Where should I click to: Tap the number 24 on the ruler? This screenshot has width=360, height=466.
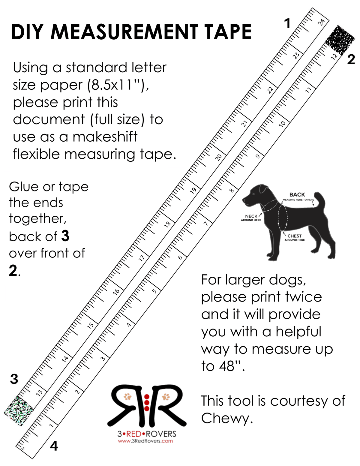coord(321,22)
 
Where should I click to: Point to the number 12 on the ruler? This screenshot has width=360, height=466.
coord(334,57)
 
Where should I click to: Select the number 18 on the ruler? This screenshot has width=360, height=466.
coord(167,224)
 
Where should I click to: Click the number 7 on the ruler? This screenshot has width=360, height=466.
coord(206,224)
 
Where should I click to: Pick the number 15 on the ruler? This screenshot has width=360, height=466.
coord(91,325)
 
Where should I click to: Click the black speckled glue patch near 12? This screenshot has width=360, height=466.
coord(340,40)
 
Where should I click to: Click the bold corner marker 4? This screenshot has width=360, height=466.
coord(54,447)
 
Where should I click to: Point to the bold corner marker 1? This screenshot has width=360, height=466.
coord(287,23)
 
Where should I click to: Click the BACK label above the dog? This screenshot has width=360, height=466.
coord(297,194)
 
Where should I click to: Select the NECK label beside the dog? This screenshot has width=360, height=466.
coord(251,216)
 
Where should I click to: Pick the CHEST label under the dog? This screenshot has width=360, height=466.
coord(294,236)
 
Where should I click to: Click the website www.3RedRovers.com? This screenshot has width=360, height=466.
coord(145,441)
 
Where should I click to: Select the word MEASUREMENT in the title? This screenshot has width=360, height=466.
coord(124,32)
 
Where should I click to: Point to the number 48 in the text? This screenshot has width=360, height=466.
coord(226,366)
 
